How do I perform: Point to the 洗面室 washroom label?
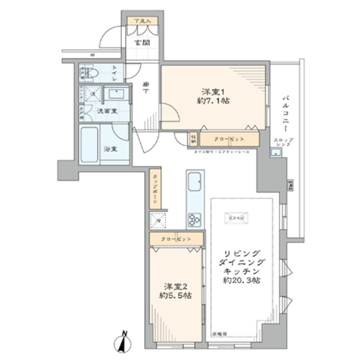click(x=106, y=111)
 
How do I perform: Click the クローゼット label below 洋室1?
click(x=229, y=139)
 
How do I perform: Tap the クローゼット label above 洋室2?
click(x=177, y=239)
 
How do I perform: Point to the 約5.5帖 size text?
click(x=175, y=296)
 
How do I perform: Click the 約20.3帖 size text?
click(x=241, y=281)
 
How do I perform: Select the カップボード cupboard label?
click(x=155, y=189)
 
